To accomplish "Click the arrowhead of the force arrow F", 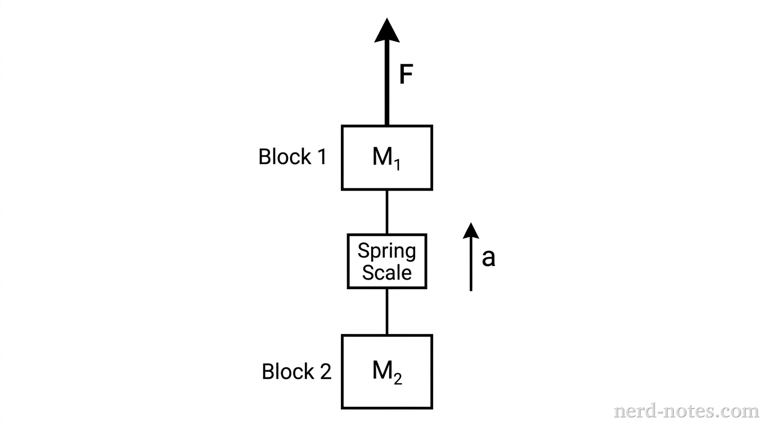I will (387, 31).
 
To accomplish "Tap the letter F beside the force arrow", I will (406, 75).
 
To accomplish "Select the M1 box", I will (387, 157).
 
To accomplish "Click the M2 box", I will (387, 371).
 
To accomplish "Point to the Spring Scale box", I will (387, 262).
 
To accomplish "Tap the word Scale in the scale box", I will (387, 272).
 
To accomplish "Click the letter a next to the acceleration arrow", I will (488, 258).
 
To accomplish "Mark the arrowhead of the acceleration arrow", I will (471, 230).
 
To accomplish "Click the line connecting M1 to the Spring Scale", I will (387, 211).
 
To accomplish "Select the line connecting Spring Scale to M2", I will (387, 312).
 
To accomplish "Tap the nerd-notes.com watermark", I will (686, 411).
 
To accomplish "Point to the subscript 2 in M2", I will (398, 379).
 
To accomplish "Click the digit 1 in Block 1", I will (321, 157).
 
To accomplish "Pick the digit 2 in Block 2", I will (325, 372).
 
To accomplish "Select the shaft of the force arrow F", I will (387, 84).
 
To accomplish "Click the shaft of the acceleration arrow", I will (471, 264).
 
